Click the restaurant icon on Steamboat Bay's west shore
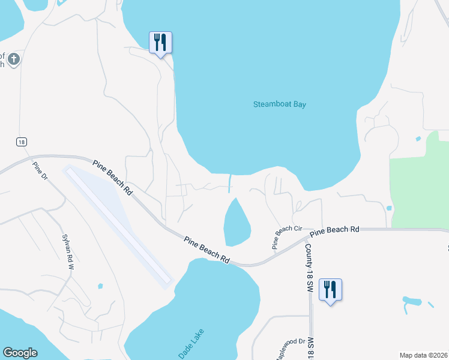(160, 43)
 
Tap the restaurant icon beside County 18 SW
(330, 290)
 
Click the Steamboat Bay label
(280, 104)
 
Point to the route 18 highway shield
(22, 142)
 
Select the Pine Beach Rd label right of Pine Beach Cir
(335, 230)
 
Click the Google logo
(20, 353)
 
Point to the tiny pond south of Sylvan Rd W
(100, 286)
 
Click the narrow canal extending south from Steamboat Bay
(231, 182)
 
